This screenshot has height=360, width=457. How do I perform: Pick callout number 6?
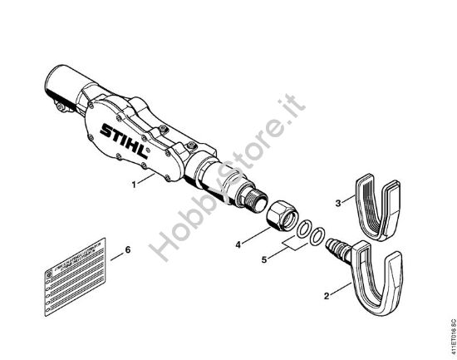(x=127, y=248)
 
